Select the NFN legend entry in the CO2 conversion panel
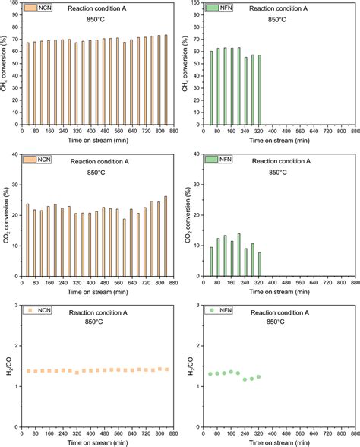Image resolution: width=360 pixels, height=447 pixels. [216, 160]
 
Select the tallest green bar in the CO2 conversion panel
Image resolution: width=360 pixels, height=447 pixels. [238, 257]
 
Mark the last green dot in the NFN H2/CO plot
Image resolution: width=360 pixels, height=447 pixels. [259, 376]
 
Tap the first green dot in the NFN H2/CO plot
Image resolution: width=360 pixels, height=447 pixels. [211, 373]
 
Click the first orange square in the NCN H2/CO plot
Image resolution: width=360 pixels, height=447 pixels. [28, 371]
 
